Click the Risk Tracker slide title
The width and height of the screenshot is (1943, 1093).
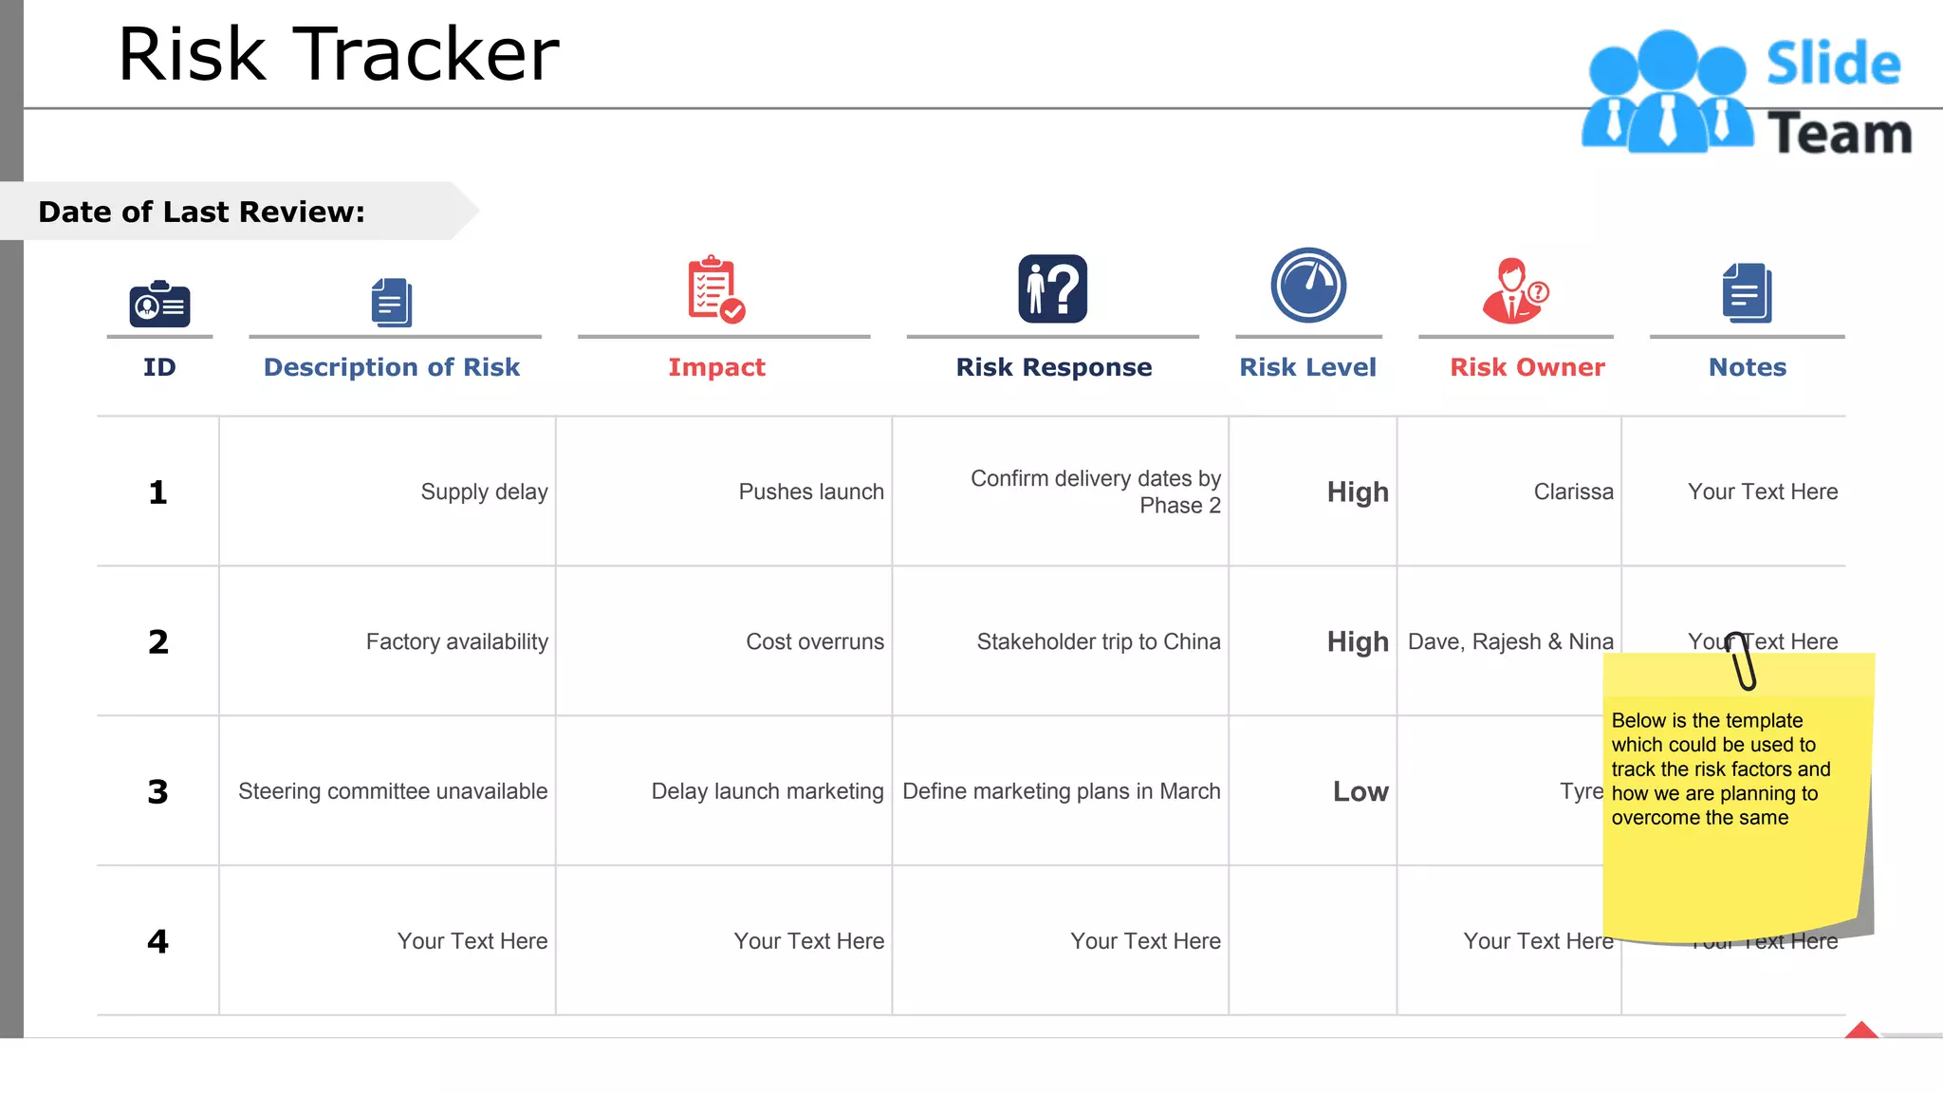tap(338, 55)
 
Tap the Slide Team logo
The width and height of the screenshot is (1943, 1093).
tap(1746, 93)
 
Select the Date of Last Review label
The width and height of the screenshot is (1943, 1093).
tap(201, 212)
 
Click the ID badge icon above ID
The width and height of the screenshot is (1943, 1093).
tap(159, 305)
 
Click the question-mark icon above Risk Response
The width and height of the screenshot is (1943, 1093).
tap(1053, 288)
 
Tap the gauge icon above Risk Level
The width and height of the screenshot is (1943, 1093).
tap(1308, 286)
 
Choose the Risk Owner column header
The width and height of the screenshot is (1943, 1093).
tap(1527, 367)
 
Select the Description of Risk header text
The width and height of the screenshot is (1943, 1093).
tap(391, 367)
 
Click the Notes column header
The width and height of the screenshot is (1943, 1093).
tap(1747, 367)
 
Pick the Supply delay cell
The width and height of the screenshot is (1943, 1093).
tap(484, 491)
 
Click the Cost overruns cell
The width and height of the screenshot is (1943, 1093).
tap(814, 641)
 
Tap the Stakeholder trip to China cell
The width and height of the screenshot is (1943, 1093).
tap(1098, 641)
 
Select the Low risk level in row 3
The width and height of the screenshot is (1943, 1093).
tap(1360, 791)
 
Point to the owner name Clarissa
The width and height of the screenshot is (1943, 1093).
tap(1573, 491)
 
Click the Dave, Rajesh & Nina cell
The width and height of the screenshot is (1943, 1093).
tap(1510, 641)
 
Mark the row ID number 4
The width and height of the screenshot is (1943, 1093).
tap(157, 941)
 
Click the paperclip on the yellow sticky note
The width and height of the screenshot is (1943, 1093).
tap(1742, 660)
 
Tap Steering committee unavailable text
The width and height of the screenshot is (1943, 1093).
tap(393, 791)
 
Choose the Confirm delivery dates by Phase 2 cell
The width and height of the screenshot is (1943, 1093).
tap(1095, 491)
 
